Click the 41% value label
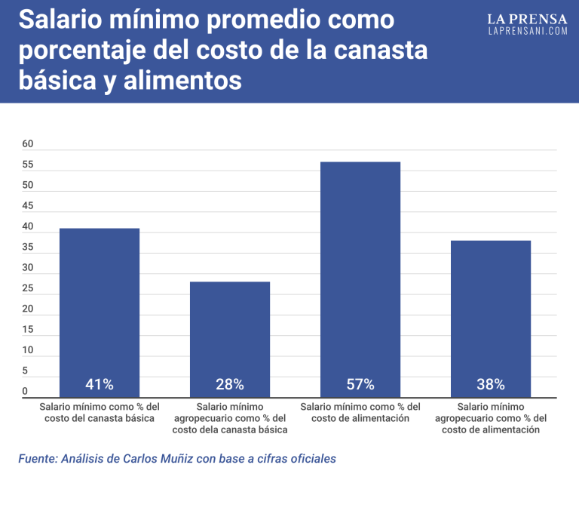click(100, 384)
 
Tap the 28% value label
click(230, 384)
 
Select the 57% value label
click(360, 384)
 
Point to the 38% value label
click(491, 384)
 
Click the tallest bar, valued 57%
click(360, 272)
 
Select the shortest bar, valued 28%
click(230, 332)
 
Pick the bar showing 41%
click(100, 302)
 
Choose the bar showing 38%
click(491, 309)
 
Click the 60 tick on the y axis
click(28, 143)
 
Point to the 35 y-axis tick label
click(28, 247)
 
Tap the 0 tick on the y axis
click(24, 391)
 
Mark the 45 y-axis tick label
click(28, 205)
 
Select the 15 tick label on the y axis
click(28, 329)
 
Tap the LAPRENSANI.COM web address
click(527, 31)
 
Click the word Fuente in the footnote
click(37, 458)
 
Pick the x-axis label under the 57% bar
click(360, 412)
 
